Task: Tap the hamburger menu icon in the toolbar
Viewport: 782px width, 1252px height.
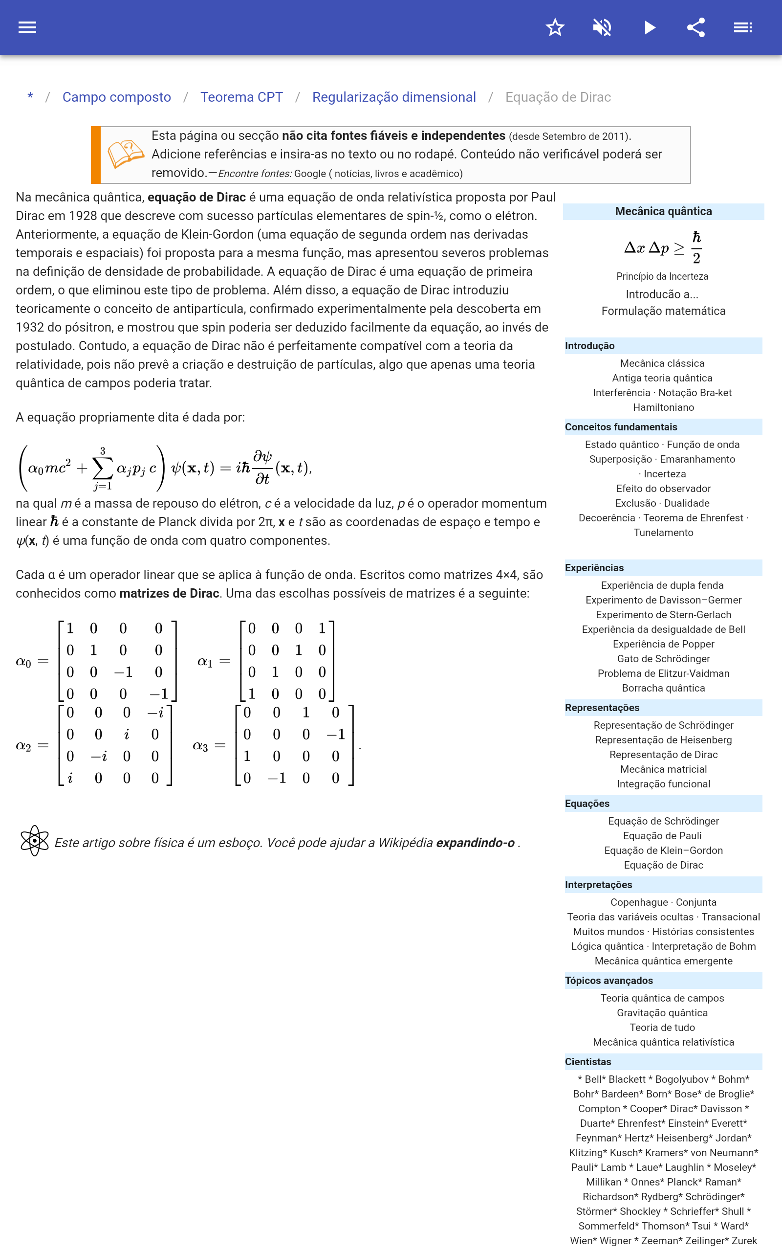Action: pos(27,27)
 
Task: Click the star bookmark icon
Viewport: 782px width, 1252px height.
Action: pos(555,27)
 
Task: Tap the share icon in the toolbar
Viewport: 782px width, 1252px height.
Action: pos(695,27)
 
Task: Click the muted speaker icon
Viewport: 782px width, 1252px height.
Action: pos(602,27)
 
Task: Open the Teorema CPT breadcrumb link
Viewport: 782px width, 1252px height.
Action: pos(241,97)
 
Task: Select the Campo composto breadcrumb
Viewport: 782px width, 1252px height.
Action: pos(116,97)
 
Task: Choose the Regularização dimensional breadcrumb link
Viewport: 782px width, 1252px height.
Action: pos(393,97)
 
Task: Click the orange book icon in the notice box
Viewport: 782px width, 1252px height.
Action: pos(125,154)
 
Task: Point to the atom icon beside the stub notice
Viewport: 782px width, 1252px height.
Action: pos(34,841)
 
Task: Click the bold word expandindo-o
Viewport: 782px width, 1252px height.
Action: pos(475,843)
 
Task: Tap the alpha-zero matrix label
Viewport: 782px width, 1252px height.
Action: pos(24,662)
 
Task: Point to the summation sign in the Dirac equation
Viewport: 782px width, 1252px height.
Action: pos(103,468)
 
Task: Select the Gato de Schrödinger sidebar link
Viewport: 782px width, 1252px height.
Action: pos(663,659)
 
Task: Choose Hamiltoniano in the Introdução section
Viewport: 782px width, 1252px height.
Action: pos(663,407)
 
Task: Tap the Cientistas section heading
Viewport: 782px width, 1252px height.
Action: pos(587,1062)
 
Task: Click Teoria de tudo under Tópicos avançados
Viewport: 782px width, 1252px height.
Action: pos(662,1028)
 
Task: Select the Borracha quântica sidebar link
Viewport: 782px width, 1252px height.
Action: pos(663,688)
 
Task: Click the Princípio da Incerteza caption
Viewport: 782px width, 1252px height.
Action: pos(662,276)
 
